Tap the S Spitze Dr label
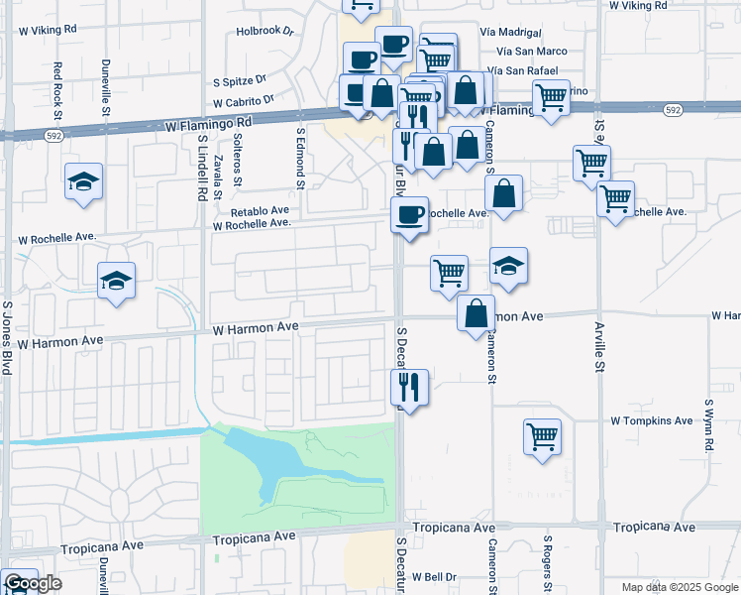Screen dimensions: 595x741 [x=241, y=79]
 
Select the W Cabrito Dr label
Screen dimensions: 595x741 [x=243, y=101]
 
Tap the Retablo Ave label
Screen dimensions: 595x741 [x=260, y=211]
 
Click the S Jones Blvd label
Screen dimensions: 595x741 [x=7, y=337]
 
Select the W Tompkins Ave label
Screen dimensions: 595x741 [x=652, y=420]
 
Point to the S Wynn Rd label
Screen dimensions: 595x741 [x=709, y=426]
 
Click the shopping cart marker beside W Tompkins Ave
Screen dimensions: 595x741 [x=543, y=436]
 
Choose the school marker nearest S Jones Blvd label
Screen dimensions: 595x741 [x=116, y=280]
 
